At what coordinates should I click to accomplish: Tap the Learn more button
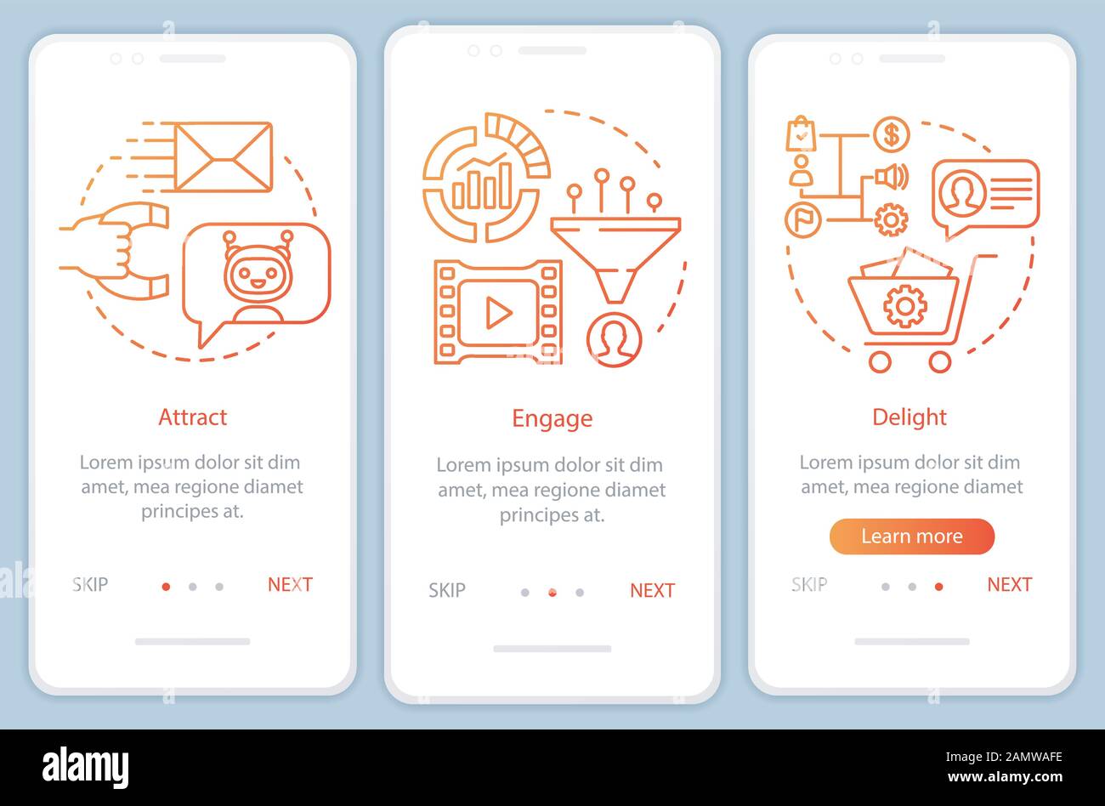point(911,536)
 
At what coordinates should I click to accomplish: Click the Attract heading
point(192,417)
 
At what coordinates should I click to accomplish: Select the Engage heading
point(552,419)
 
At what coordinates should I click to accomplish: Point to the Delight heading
point(909,417)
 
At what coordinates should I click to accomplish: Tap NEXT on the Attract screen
point(290,584)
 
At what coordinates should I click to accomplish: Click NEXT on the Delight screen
point(1009,584)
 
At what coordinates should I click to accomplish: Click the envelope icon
point(224,157)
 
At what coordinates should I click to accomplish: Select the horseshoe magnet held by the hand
point(136,251)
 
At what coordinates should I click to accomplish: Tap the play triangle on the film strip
point(499,312)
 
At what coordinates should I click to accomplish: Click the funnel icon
point(615,259)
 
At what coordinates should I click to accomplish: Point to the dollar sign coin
point(892,134)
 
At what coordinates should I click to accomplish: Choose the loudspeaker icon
point(892,176)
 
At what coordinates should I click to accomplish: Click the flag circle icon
point(802,219)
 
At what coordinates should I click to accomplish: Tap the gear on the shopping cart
point(904,307)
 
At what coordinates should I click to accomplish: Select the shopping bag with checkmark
point(801,133)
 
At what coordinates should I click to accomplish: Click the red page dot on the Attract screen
point(167,587)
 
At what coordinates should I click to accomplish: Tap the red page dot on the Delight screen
point(938,587)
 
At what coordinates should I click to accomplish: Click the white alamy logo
point(85,768)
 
